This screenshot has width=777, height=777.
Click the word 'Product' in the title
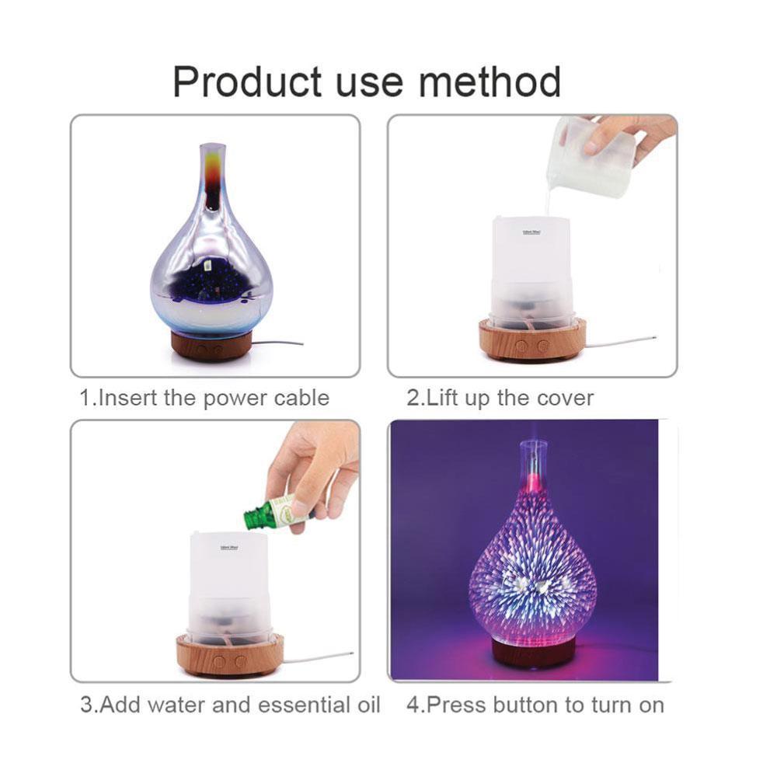(246, 82)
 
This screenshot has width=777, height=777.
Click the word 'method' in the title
(490, 82)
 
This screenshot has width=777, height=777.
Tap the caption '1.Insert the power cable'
(205, 398)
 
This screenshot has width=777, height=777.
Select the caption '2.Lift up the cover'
(500, 398)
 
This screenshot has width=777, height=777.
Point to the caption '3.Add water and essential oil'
(231, 705)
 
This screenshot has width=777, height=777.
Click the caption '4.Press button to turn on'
(535, 705)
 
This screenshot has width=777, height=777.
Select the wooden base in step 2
(531, 340)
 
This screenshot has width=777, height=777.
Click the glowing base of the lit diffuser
(533, 650)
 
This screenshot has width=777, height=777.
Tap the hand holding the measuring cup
(629, 136)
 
